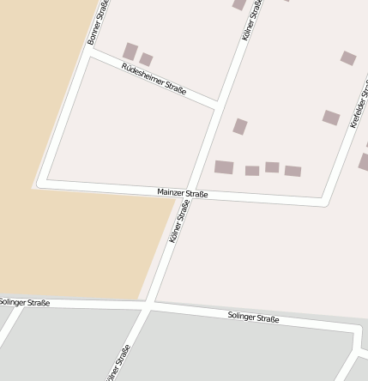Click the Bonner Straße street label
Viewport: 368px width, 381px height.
[x=98, y=24]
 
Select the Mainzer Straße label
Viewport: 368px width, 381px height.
[x=183, y=194]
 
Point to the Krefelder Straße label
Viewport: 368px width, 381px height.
[x=359, y=105]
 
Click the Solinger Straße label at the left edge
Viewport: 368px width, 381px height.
[x=25, y=303]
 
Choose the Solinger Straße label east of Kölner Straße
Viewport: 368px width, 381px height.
[x=253, y=317]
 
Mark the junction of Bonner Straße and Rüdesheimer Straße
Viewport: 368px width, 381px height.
[x=88, y=51]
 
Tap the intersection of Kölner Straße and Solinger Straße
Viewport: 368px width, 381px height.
[x=149, y=304]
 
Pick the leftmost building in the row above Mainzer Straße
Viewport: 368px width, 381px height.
[x=224, y=167]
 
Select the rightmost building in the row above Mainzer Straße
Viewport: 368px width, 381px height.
[x=293, y=171]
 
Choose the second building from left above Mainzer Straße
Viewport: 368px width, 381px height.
[x=251, y=171]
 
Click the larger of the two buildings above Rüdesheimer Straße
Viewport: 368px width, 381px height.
[x=130, y=51]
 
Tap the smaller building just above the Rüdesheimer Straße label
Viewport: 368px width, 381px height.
[x=147, y=59]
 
